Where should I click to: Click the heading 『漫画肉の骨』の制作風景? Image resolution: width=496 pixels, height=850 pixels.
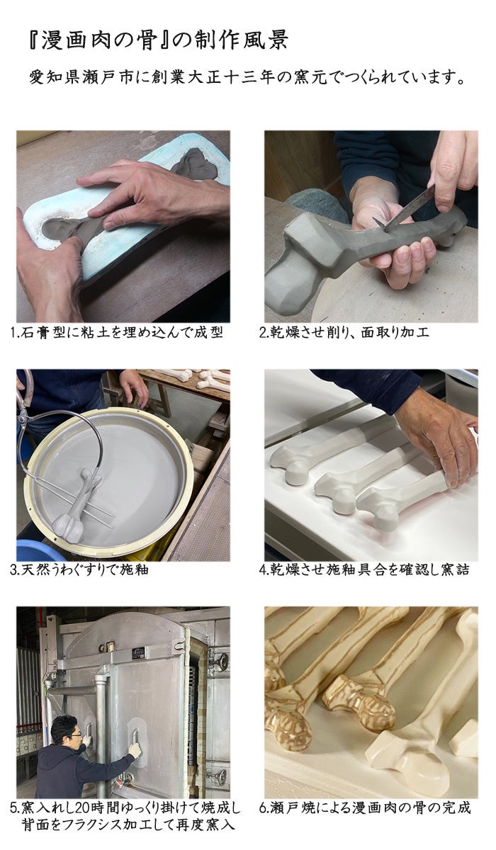point(159,40)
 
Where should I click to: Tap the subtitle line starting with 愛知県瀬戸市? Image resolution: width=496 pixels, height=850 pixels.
point(247,78)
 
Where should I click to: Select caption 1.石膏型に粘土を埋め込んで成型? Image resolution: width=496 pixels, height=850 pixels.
point(116,332)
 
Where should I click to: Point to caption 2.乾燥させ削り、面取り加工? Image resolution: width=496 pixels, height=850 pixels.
point(344,332)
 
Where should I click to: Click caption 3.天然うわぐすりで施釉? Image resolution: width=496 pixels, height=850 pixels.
point(79,569)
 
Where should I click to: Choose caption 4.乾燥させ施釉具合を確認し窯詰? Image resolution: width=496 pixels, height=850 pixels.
point(364,569)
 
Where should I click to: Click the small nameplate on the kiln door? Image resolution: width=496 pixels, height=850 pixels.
point(137,652)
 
